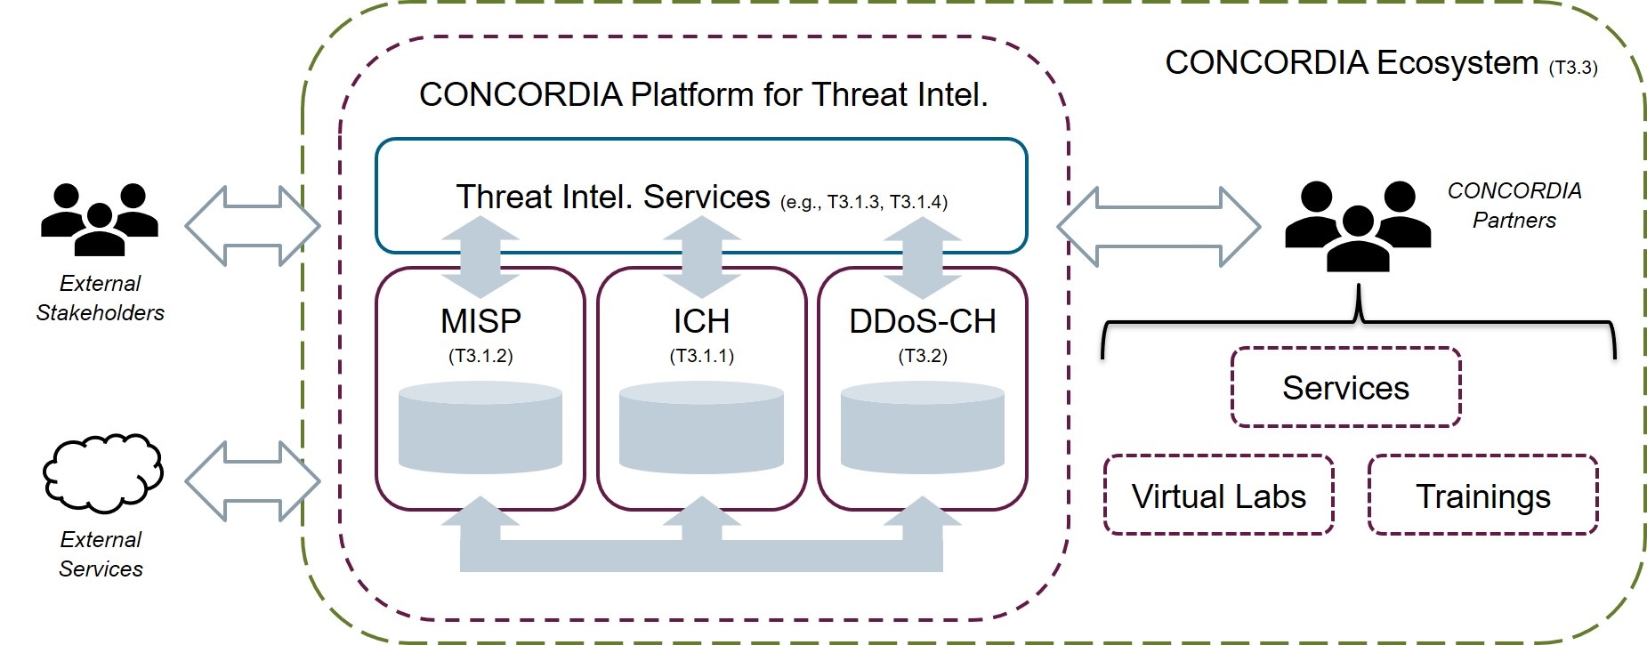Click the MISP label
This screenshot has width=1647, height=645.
(480, 321)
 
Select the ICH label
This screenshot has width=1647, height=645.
(701, 321)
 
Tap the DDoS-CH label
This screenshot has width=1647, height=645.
(922, 321)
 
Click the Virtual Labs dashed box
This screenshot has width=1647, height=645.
(1218, 496)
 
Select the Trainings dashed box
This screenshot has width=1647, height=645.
(1482, 496)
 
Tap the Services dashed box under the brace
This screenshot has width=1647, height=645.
(1345, 388)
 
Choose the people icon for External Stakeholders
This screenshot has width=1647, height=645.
(100, 218)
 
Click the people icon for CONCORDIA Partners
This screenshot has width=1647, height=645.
(1357, 225)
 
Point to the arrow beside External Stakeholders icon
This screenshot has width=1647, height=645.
(253, 226)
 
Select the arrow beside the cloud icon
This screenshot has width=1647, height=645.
(253, 480)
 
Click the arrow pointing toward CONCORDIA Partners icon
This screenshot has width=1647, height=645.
(1159, 227)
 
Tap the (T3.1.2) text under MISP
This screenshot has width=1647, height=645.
(480, 356)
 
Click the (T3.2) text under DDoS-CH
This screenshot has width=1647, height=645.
(922, 356)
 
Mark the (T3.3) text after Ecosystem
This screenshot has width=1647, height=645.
(1572, 68)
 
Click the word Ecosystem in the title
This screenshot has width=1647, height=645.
(1457, 62)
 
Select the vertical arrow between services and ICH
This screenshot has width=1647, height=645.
(701, 257)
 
